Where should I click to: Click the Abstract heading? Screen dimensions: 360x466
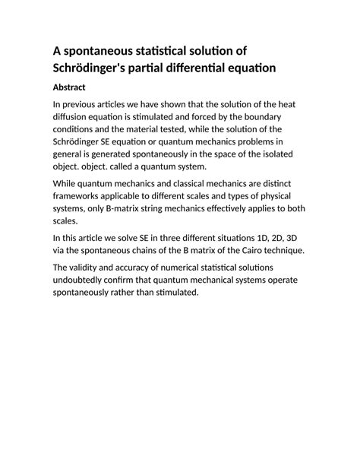[74, 87]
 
